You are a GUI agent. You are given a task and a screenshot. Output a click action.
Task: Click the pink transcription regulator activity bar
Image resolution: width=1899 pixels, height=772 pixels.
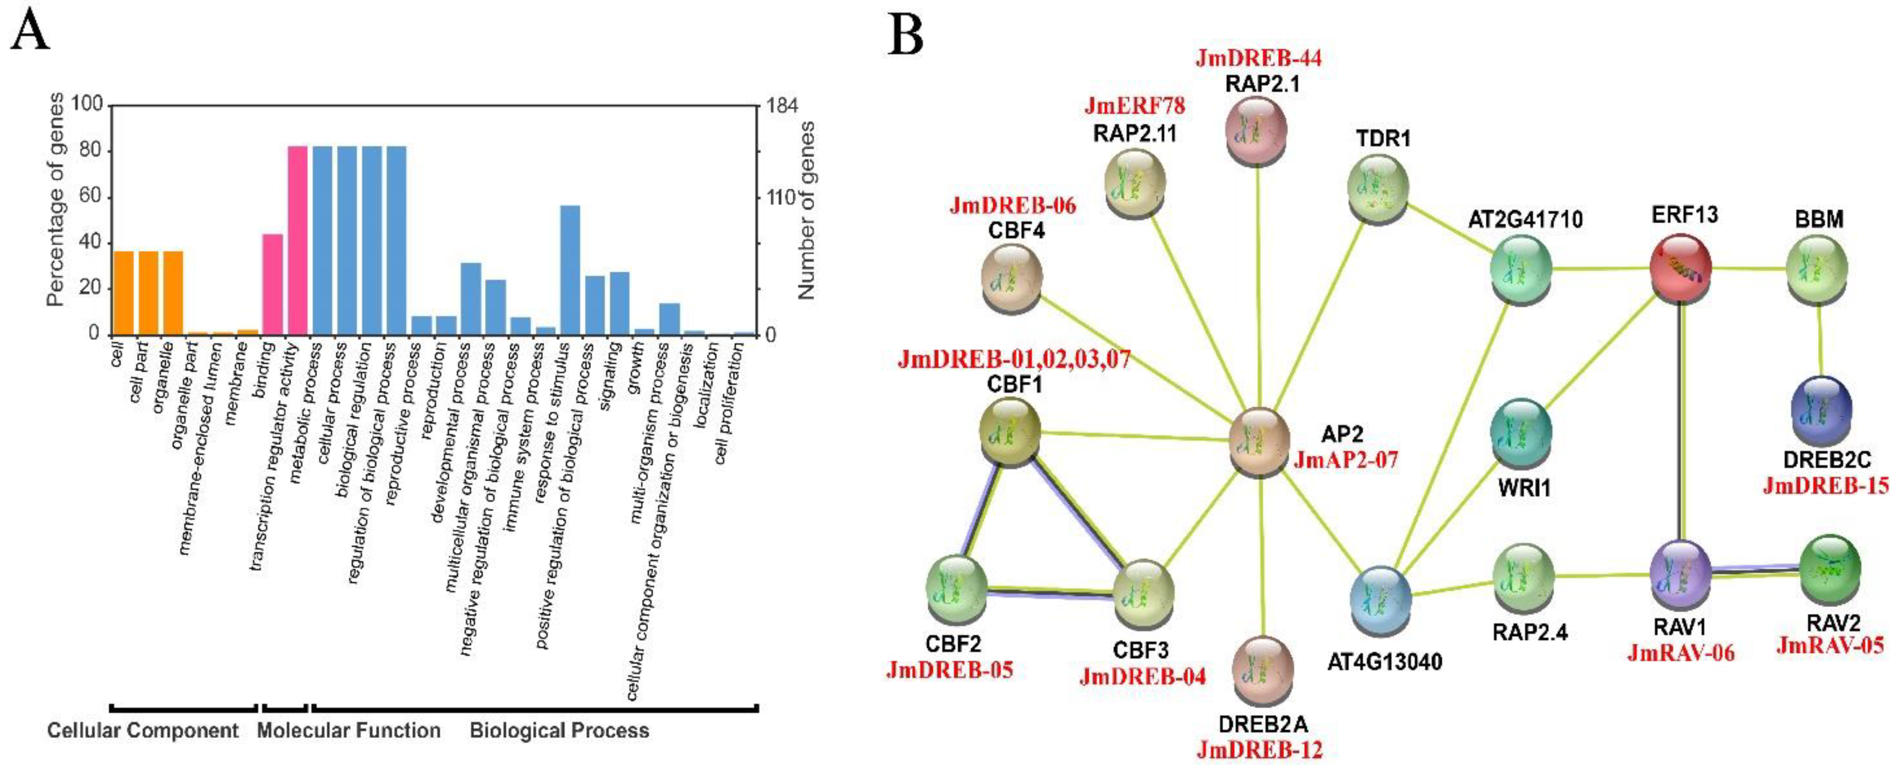(x=297, y=240)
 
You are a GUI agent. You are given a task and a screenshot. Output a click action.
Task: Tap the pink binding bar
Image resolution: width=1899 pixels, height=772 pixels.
(x=273, y=284)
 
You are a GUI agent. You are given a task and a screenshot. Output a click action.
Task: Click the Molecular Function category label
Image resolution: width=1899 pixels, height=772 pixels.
(x=349, y=731)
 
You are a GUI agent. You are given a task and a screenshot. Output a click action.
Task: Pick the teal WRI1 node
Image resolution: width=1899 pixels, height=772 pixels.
(x=1520, y=433)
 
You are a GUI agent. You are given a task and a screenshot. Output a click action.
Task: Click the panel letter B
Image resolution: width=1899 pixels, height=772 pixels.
(x=905, y=34)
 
